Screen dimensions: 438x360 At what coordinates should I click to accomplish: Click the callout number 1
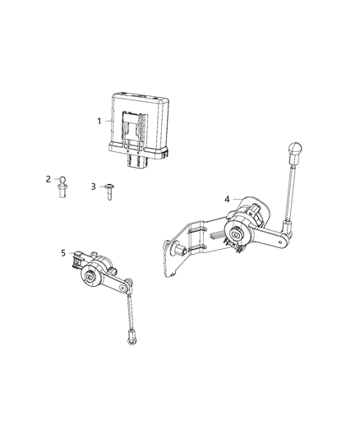pyautogui.click(x=100, y=122)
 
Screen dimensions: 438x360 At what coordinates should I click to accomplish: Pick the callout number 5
pyautogui.click(x=63, y=252)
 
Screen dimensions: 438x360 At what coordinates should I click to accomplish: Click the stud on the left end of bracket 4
pyautogui.click(x=170, y=246)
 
